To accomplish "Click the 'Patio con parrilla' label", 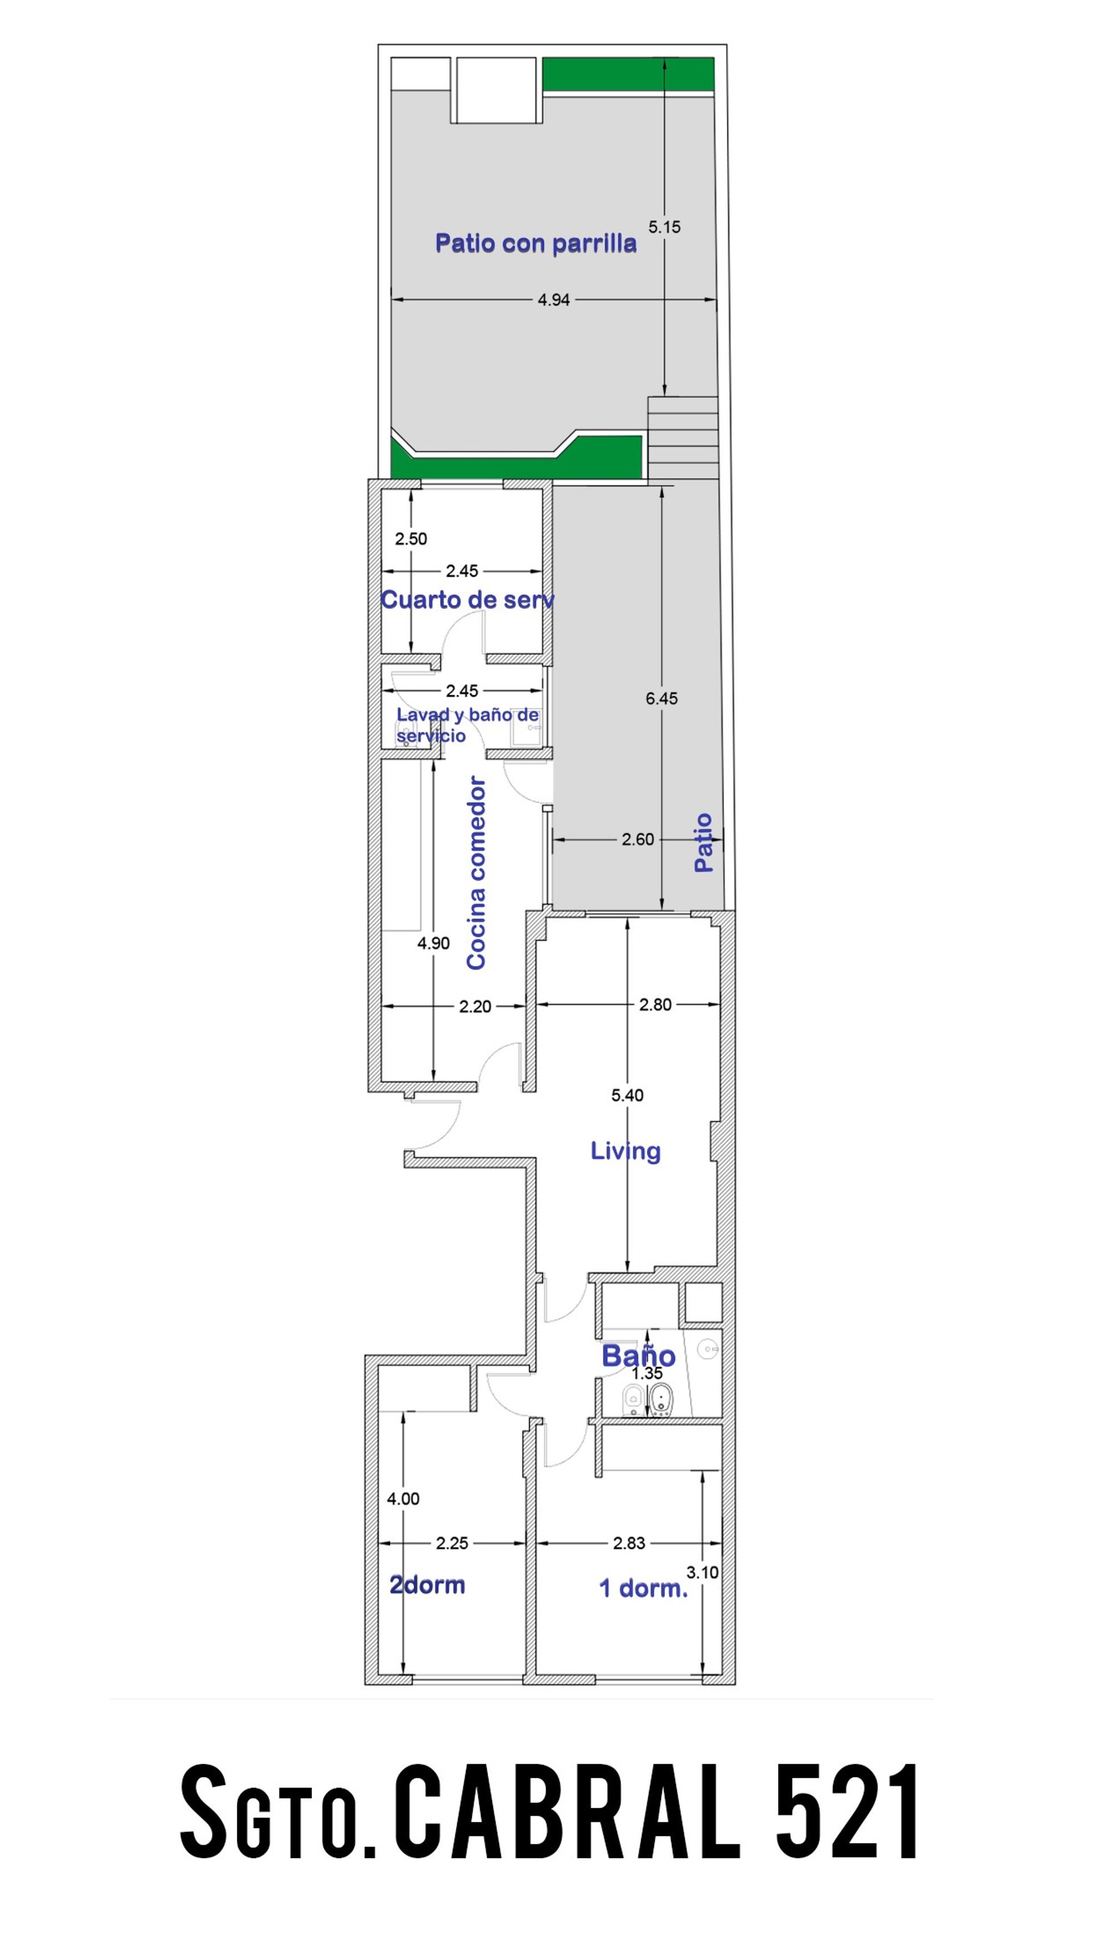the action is (x=536, y=243).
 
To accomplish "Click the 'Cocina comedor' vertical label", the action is (x=476, y=873).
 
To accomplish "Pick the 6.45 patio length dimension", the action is (x=661, y=698).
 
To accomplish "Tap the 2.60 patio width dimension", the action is (x=638, y=839).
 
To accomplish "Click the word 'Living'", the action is (x=625, y=1151).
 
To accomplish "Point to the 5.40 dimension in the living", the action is (x=627, y=1095).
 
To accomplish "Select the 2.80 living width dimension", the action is (x=655, y=1004).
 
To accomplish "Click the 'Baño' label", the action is (x=638, y=1356).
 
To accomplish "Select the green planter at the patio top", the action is (x=628, y=75).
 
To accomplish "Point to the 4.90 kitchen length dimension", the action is (x=433, y=943).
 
